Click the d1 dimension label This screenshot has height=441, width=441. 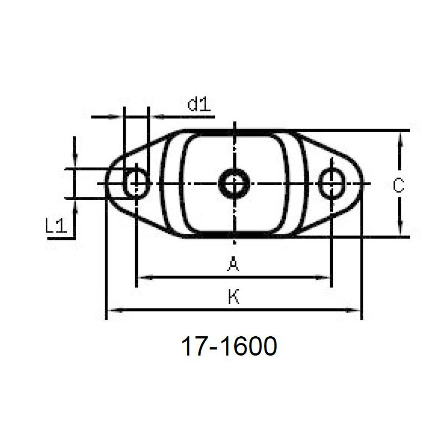(199, 105)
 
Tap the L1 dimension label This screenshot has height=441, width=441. (56, 225)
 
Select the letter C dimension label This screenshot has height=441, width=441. (399, 186)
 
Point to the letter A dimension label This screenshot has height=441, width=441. (233, 265)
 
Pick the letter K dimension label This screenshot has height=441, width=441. (233, 297)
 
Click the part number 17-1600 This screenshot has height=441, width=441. (229, 346)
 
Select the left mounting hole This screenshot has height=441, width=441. (136, 184)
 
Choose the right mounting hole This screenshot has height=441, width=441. (332, 184)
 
